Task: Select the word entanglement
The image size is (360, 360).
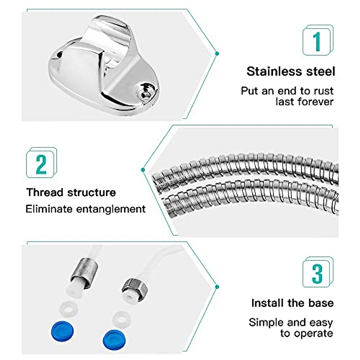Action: (111, 209)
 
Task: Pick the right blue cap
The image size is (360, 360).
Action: (114, 338)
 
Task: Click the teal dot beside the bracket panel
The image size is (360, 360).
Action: (217, 54)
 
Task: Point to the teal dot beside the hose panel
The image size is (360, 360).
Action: (143, 170)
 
